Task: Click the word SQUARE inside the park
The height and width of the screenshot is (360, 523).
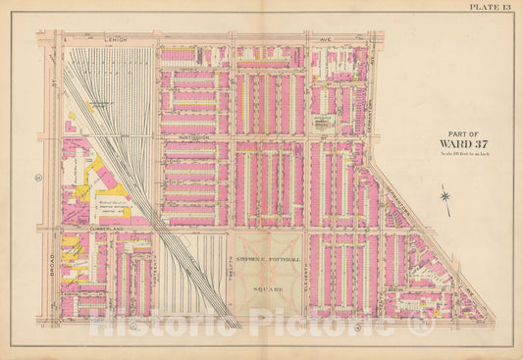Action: [267, 290]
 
